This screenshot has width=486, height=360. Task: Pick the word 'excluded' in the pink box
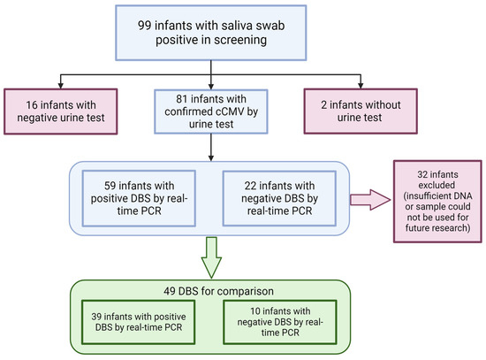point(433,185)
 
